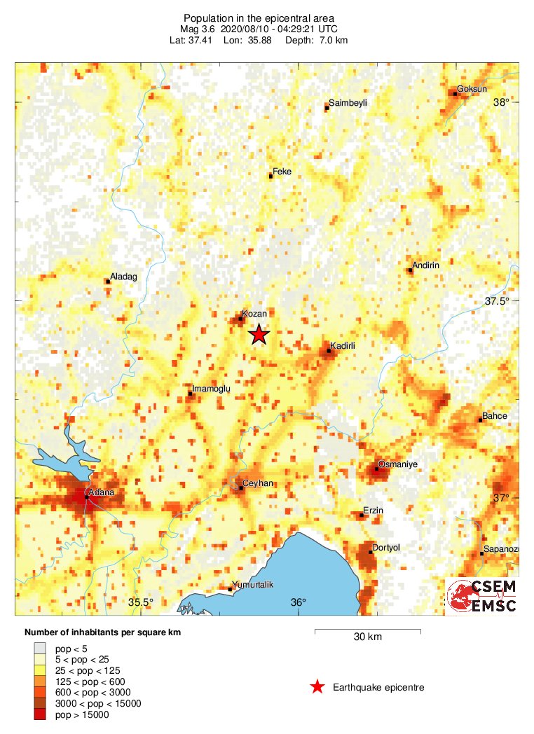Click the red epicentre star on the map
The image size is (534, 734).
tap(259, 335)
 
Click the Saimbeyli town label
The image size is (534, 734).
tap(348, 103)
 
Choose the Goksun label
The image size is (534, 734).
tap(472, 89)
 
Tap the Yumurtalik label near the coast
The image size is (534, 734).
tap(253, 585)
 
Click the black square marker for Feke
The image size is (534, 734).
tap(271, 176)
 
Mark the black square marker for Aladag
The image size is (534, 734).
tap(107, 281)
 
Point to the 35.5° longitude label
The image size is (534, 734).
tap(141, 602)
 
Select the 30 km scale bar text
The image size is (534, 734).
tap(368, 637)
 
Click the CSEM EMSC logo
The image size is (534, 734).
tap(483, 596)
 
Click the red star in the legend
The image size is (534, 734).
tap(317, 687)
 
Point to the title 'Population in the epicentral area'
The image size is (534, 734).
tap(259, 18)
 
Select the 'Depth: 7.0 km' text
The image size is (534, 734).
tap(316, 40)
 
